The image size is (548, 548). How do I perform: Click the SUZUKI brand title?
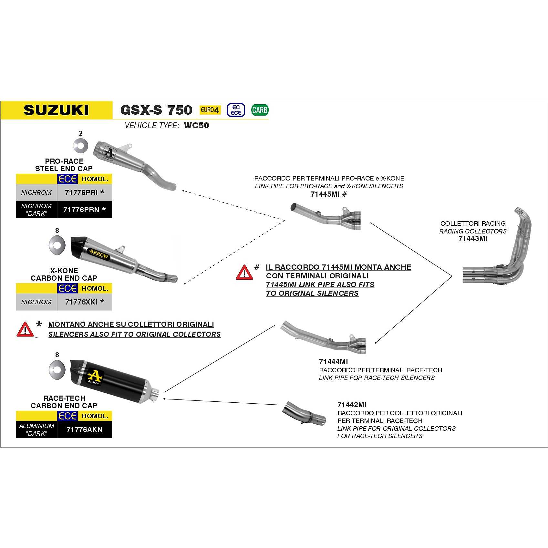56,110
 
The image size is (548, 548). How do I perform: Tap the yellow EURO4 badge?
210,110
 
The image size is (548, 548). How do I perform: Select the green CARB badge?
260,110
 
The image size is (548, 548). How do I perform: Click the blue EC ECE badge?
236,110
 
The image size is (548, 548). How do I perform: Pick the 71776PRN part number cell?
85,210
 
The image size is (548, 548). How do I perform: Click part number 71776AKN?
84,429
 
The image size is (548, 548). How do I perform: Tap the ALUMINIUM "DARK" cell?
36,429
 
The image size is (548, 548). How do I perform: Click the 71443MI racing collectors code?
473,239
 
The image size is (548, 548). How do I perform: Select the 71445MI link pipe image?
326,216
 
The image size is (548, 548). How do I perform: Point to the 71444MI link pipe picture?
323,337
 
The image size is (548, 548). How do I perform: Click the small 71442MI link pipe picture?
304,413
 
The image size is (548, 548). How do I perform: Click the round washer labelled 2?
81,145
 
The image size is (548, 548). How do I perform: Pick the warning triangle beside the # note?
244,272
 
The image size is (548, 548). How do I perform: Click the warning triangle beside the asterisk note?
25,329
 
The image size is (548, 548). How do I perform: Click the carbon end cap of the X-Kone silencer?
78,246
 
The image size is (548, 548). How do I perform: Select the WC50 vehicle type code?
196,125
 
